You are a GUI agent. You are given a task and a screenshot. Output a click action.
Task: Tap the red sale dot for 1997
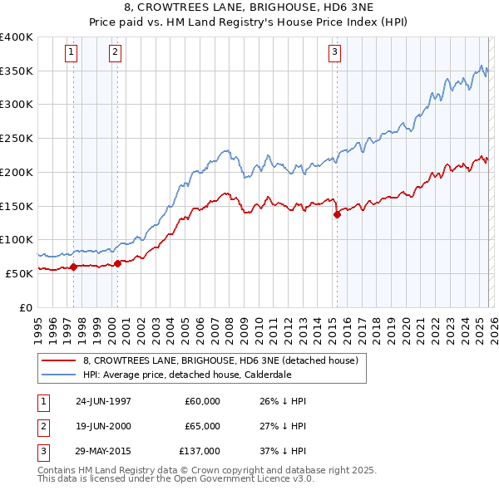point(73,267)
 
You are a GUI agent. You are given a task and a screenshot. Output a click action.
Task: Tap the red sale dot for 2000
point(117,263)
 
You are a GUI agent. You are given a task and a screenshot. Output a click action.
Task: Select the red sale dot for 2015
point(337,214)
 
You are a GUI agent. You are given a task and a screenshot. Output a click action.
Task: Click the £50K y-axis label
point(18,273)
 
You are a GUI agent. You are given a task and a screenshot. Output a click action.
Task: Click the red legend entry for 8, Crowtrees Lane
point(220,360)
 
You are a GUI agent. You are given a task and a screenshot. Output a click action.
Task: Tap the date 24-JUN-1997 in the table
point(103,401)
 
